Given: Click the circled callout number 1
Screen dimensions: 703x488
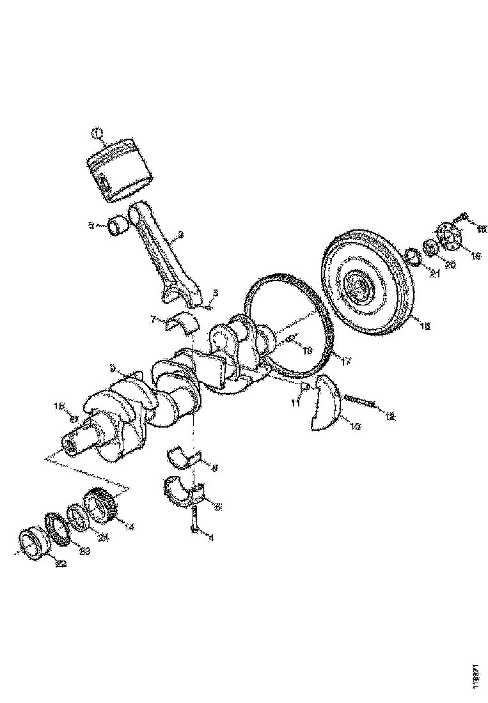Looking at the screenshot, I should pos(97,133).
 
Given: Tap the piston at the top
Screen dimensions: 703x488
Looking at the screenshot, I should pos(121,169).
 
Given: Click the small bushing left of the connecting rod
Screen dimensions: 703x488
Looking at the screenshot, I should pos(118,226).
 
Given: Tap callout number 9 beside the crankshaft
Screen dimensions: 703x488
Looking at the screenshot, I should pos(113,369).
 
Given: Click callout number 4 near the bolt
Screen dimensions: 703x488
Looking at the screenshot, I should pos(210,537).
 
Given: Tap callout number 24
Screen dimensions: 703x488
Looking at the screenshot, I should pos(103,537).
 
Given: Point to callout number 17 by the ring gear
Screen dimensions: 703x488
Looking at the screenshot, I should pos(345,361).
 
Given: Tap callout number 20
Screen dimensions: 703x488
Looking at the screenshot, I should pos(450,265).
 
